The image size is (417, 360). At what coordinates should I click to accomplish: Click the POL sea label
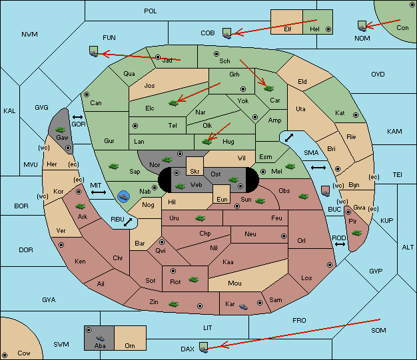pos(151,11)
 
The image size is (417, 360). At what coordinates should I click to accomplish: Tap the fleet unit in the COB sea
pos(227,33)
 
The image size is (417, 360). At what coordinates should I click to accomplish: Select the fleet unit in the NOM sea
pos(362,26)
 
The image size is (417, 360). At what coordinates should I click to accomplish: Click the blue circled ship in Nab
pos(124,196)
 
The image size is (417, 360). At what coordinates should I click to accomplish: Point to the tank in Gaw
pos(61,130)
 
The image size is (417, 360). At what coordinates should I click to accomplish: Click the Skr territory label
pos(195,172)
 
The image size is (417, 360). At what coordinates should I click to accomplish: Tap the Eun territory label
pos(222,199)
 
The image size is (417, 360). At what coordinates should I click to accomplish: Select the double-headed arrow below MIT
pos(99,192)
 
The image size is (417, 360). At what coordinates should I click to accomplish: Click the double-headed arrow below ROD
pos(340,244)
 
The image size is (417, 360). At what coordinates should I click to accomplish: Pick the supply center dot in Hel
pos(328,29)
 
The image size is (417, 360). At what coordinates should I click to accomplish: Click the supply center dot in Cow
pos(5,355)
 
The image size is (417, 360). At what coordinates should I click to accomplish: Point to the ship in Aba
pos(101,337)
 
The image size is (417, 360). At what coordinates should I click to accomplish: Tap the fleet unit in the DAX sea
pos(204,347)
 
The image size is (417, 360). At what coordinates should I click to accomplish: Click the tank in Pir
pos(356,233)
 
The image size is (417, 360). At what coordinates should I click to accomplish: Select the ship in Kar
pos(243,307)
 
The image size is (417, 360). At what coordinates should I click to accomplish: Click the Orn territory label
pos(130,345)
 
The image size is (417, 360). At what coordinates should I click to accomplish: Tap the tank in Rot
pos(194,279)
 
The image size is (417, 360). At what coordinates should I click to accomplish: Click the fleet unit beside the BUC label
pos(326,191)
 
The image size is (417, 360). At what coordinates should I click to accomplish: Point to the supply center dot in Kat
pos(356,115)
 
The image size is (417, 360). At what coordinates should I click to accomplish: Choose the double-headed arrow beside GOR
pos(78,117)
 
